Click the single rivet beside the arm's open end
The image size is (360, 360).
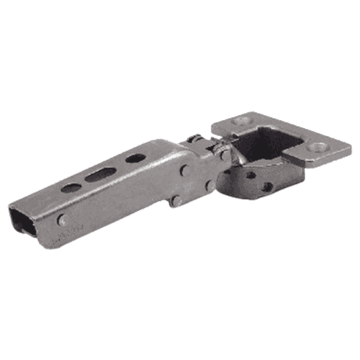coord(63,220)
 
